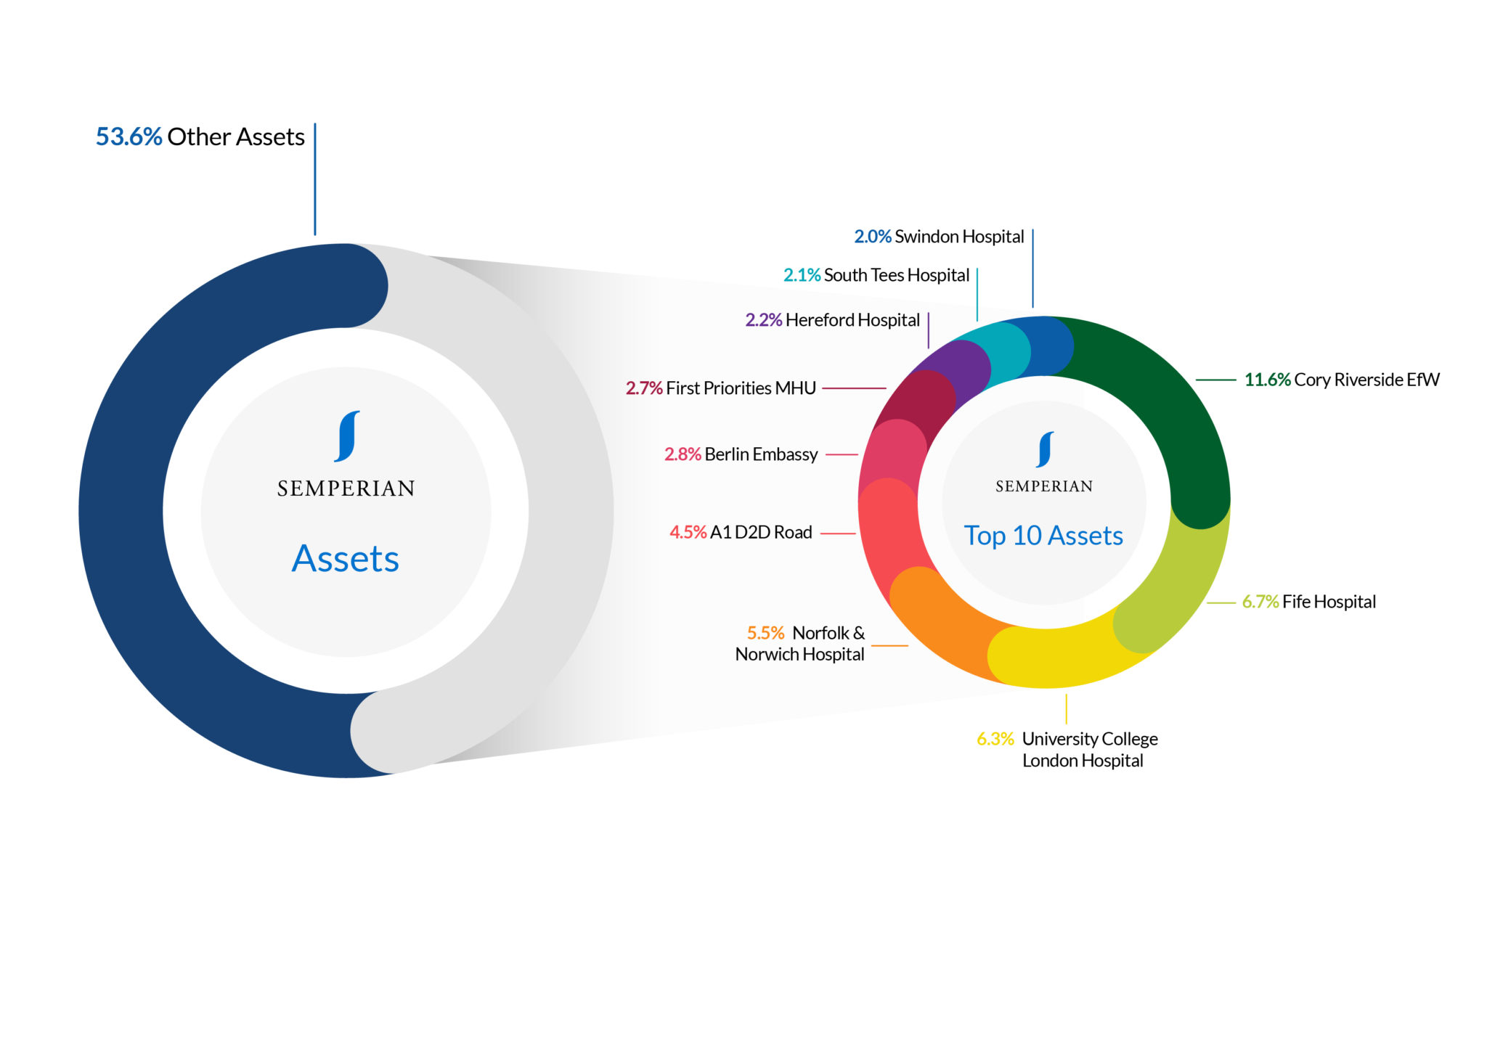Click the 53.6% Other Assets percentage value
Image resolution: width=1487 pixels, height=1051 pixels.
[x=129, y=136]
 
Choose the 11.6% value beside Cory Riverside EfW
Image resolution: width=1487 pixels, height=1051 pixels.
[x=1268, y=380]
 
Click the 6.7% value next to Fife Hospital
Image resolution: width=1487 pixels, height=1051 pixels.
[x=1260, y=602]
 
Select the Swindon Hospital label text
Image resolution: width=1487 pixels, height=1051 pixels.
[x=959, y=237]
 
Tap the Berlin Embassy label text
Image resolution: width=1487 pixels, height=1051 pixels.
[x=761, y=454]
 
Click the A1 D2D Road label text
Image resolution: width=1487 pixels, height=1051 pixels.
[x=761, y=532]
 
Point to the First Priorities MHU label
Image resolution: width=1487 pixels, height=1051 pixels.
[x=741, y=388]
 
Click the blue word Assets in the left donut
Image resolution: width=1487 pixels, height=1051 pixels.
[x=346, y=559]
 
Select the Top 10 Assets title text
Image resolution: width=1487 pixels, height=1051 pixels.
[x=1043, y=536]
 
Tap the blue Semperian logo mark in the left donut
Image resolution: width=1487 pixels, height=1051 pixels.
[x=347, y=436]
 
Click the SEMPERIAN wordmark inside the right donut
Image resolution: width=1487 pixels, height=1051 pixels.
[x=1044, y=486]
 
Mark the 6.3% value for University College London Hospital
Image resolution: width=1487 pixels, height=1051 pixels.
[x=995, y=739]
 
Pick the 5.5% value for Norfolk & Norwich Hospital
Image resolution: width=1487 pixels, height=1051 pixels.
[x=766, y=633]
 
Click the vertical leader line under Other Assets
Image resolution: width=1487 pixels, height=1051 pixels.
[x=315, y=179]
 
